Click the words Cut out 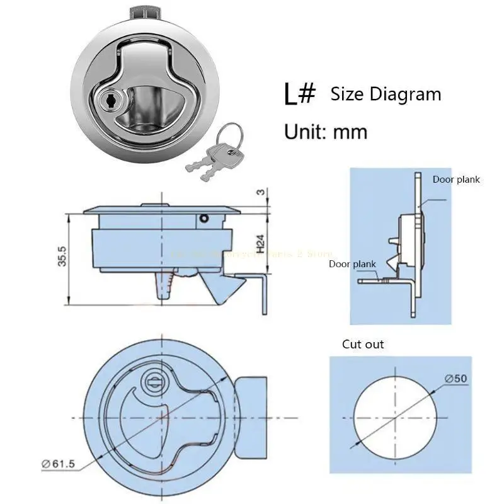[x=363, y=344]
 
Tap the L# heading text [x=299, y=94]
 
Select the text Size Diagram [x=386, y=94]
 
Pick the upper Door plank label [x=456, y=180]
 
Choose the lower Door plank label [x=352, y=264]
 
